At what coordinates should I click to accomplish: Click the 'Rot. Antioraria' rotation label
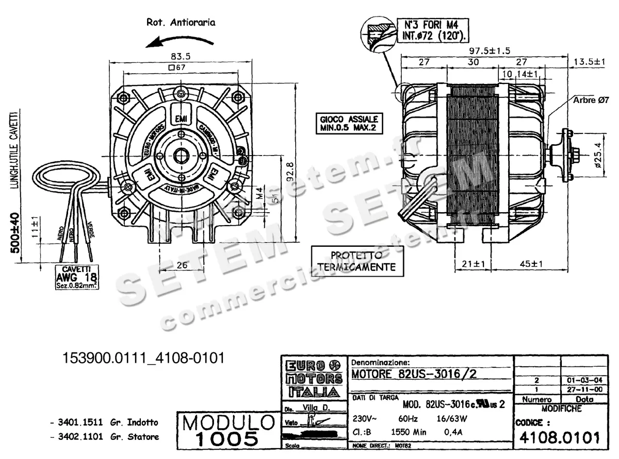(181, 22)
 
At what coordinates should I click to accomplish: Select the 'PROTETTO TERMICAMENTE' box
(356, 262)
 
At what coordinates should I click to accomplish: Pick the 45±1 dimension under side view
(532, 264)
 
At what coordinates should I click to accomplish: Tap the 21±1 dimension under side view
(473, 264)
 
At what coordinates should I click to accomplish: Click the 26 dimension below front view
(181, 266)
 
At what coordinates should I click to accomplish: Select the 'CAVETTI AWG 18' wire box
(77, 277)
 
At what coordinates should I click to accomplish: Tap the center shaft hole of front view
(181, 154)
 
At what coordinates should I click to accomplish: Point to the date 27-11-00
(583, 390)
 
